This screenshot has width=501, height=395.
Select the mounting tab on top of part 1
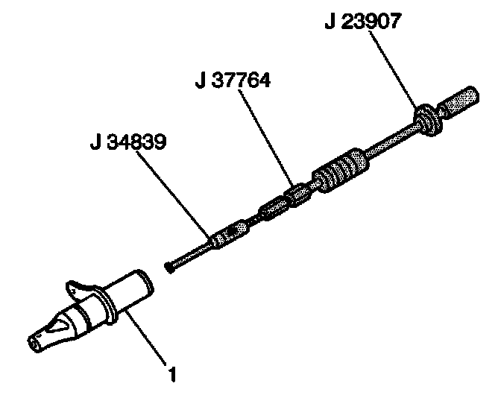point(83,289)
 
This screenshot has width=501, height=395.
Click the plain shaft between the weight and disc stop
point(391,142)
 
